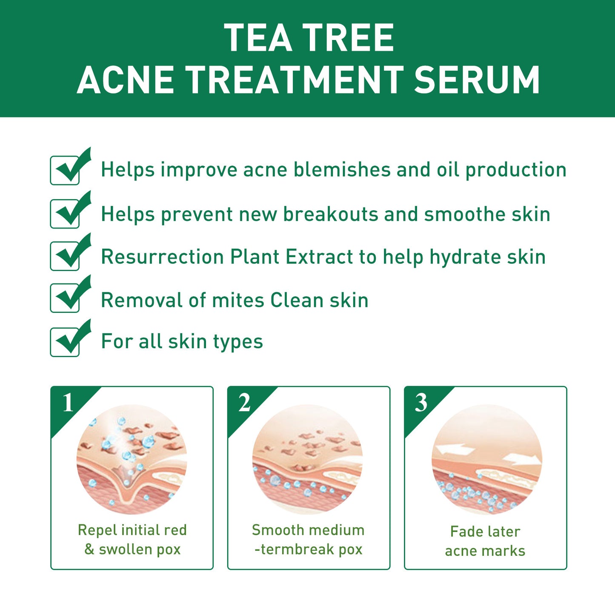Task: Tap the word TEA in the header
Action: [258, 37]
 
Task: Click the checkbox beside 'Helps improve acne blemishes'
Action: [65, 170]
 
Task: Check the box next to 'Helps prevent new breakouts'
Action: [65, 214]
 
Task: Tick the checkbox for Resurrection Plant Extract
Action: [65, 256]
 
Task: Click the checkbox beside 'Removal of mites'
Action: [65, 298]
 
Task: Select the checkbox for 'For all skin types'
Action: [65, 342]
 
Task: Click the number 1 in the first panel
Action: [68, 403]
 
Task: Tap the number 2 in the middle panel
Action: [244, 403]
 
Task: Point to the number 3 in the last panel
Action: [421, 403]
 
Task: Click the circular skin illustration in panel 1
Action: [132, 460]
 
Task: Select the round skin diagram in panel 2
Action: [308, 460]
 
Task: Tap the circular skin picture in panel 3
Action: [487, 460]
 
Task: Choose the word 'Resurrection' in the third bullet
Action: [163, 257]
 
